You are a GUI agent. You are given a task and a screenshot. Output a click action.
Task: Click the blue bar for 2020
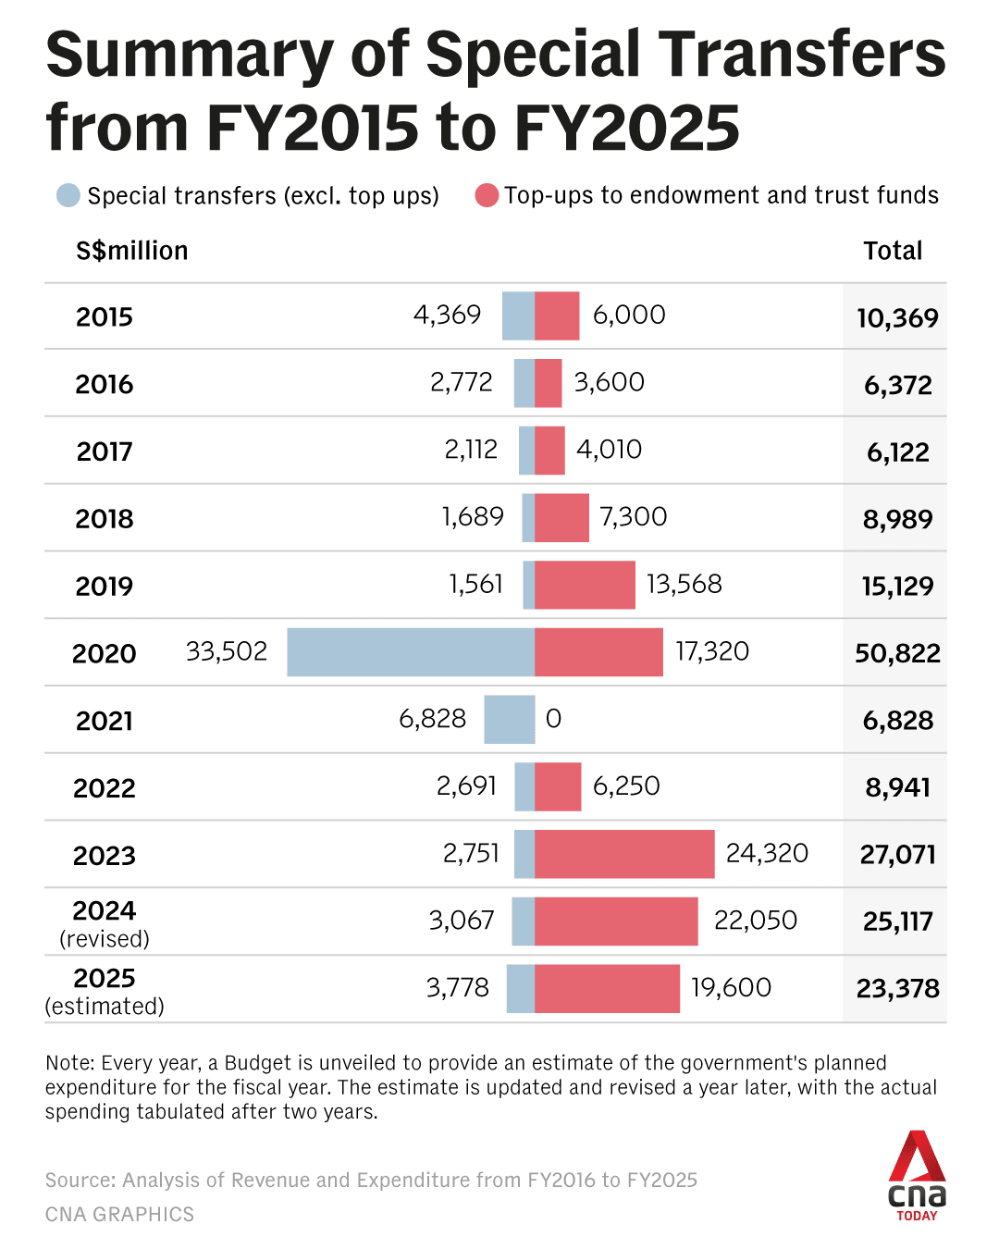pyautogui.click(x=411, y=652)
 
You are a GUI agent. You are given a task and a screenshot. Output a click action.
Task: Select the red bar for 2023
pyautogui.click(x=624, y=854)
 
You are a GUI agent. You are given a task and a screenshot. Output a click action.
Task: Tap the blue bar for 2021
pyautogui.click(x=510, y=720)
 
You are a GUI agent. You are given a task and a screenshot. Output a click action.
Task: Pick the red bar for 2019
pyautogui.click(x=585, y=585)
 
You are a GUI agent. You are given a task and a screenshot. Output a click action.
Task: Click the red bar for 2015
pyautogui.click(x=557, y=315)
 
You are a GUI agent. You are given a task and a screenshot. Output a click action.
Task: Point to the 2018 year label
pyautogui.click(x=105, y=519)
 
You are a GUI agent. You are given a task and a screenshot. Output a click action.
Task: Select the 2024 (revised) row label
pyautogui.click(x=105, y=923)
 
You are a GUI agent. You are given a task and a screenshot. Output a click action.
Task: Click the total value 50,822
pyautogui.click(x=897, y=654)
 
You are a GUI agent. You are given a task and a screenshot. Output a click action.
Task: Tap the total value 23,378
pyautogui.click(x=897, y=989)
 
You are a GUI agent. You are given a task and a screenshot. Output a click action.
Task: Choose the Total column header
pyautogui.click(x=893, y=251)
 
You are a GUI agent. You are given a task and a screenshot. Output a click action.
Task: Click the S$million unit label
pyautogui.click(x=131, y=251)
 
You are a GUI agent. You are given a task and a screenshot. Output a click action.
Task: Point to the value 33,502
pyautogui.click(x=227, y=652)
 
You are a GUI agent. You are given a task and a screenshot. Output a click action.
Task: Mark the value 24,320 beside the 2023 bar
pyautogui.click(x=767, y=853)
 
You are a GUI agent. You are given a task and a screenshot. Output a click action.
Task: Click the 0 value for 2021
pyautogui.click(x=553, y=719)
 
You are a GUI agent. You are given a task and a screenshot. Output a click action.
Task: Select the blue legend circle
pyautogui.click(x=68, y=195)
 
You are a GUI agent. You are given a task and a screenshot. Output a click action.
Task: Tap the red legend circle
pyautogui.click(x=487, y=195)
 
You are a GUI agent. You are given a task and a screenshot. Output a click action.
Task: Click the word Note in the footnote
pyautogui.click(x=69, y=1063)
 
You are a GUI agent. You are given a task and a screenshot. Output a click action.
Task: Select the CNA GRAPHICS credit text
pyautogui.click(x=119, y=1214)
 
